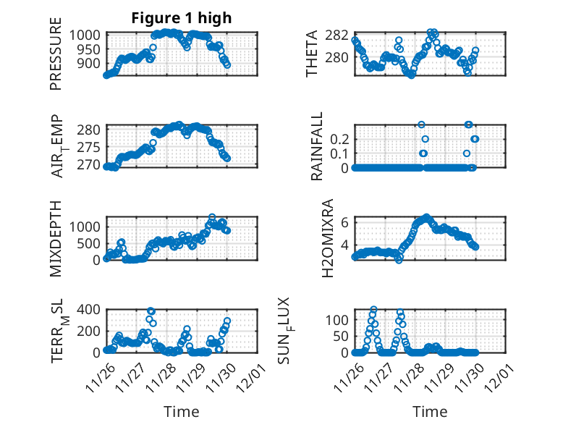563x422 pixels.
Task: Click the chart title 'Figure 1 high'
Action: click(181, 19)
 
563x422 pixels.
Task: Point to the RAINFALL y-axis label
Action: click(316, 146)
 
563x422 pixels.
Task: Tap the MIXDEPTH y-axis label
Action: click(56, 238)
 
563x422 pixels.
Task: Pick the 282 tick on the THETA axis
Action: click(342, 35)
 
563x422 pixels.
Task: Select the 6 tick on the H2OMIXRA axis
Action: click(346, 222)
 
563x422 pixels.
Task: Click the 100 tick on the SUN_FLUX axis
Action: click(341, 319)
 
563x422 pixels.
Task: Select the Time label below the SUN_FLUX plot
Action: click(430, 411)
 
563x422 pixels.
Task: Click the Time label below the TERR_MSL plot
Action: click(181, 411)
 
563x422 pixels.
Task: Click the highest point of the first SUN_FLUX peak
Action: click(373, 310)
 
